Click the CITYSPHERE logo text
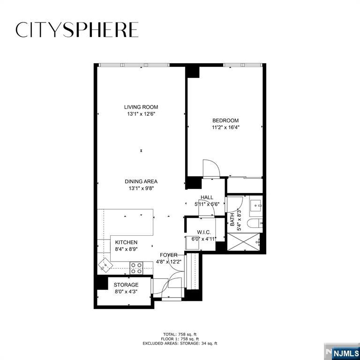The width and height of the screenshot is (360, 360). [77, 30]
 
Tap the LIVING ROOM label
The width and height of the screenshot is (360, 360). [141, 107]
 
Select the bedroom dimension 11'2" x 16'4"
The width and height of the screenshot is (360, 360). [225, 127]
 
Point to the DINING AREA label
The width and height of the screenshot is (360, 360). [141, 181]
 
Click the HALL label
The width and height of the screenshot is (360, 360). [207, 197]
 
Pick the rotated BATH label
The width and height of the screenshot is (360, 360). [232, 219]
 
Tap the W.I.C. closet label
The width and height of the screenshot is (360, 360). [203, 232]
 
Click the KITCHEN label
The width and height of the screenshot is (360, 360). [126, 242]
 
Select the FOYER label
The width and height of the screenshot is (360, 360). [169, 255]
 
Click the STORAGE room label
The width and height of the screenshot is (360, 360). [126, 285]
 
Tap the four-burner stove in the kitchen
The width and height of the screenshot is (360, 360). [136, 268]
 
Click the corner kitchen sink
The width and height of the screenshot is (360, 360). [105, 265]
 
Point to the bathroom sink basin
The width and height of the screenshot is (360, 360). [255, 205]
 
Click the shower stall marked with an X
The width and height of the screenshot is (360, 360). [243, 242]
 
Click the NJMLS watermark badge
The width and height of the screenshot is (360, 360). [342, 352]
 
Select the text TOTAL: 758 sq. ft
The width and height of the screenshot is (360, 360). [180, 334]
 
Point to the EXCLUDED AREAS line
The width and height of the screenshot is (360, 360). [180, 344]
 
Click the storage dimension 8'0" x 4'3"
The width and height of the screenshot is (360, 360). [126, 292]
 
